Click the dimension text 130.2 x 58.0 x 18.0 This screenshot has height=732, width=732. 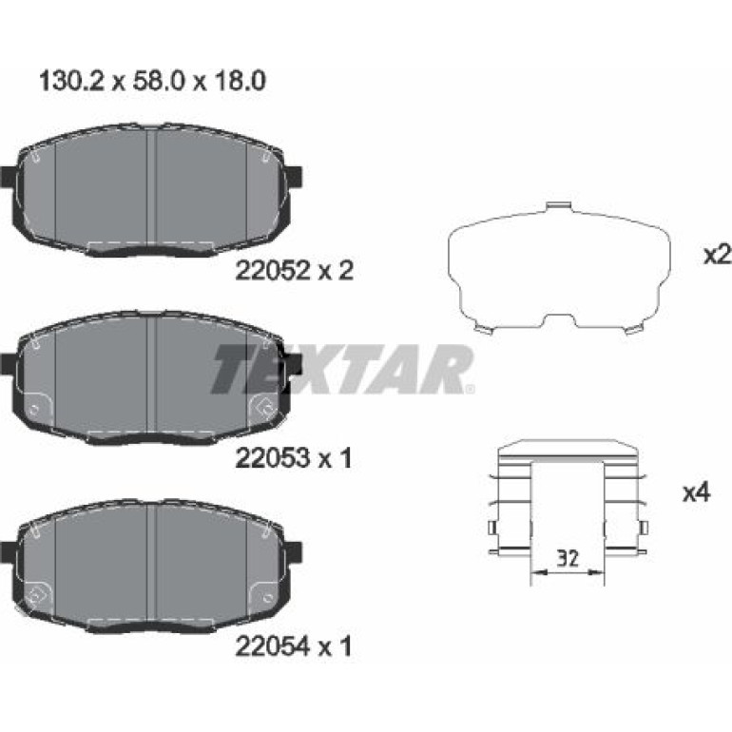[x=152, y=81]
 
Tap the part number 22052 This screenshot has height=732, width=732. [x=272, y=270]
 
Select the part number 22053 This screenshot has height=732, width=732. [x=272, y=458]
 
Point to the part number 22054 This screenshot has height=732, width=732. [x=272, y=646]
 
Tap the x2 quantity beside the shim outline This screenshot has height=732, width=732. [x=717, y=256]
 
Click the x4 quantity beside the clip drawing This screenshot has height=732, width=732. [x=697, y=492]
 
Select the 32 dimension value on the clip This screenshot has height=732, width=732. [x=568, y=558]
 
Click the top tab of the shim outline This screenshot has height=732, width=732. [x=559, y=206]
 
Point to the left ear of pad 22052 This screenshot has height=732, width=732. [x=8, y=177]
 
